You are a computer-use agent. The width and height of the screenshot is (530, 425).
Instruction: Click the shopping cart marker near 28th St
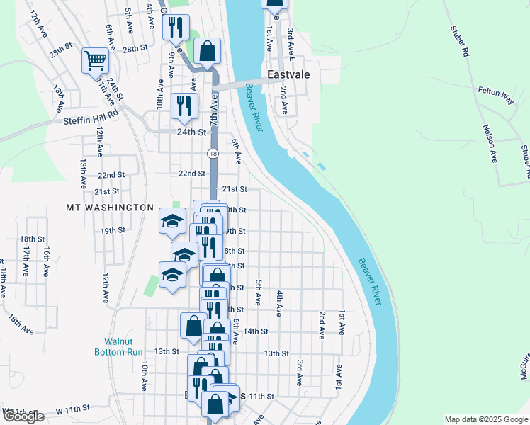coord(95,60)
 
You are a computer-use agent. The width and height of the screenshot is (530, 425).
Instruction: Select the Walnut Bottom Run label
coord(119,346)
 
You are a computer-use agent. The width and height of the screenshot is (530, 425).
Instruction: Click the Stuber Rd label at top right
coord(460,41)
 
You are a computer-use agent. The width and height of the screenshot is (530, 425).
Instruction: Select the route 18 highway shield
coord(213,153)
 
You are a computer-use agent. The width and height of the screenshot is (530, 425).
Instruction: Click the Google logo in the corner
coord(23,416)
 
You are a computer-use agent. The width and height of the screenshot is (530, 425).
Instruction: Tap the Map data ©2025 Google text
coord(485,419)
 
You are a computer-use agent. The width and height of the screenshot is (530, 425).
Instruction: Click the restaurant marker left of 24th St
coord(184,106)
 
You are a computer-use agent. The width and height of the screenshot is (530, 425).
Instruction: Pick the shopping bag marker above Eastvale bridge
coord(206,51)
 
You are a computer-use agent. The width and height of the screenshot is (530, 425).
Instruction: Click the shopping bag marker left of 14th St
coord(193,326)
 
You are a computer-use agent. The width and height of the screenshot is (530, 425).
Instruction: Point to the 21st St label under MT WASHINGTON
coord(106,191)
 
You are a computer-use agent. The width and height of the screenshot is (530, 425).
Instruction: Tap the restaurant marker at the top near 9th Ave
coord(175,28)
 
